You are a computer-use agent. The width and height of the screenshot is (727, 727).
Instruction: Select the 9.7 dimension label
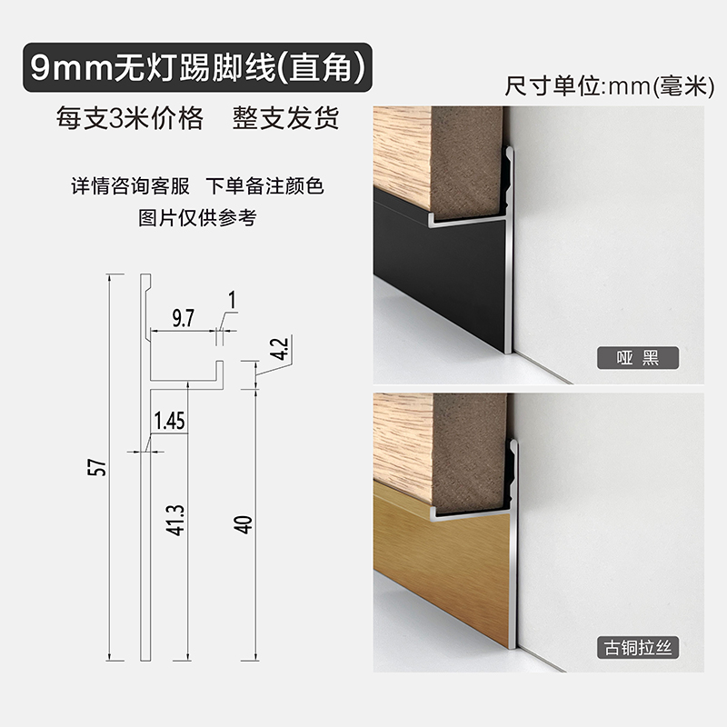tap(182, 317)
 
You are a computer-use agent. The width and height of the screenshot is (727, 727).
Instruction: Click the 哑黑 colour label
tap(638, 357)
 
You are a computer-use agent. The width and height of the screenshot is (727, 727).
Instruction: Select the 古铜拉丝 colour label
tap(638, 648)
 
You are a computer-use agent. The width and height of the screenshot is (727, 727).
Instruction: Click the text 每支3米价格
tap(129, 119)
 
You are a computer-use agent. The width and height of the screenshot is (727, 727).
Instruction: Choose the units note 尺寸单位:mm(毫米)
tap(606, 87)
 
